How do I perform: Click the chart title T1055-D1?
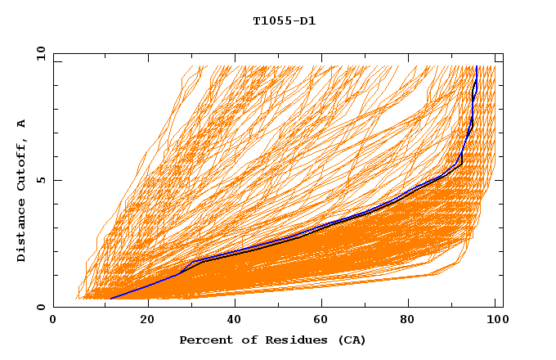pyautogui.click(x=284, y=21)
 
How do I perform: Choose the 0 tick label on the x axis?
pyautogui.click(x=53, y=322)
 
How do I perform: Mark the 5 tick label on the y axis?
pyautogui.click(x=39, y=180)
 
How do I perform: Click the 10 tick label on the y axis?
pyautogui.click(x=38, y=53)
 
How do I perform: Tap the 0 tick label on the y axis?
pyautogui.click(x=39, y=307)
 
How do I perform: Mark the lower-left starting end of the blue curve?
pyautogui.click(x=110, y=299)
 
